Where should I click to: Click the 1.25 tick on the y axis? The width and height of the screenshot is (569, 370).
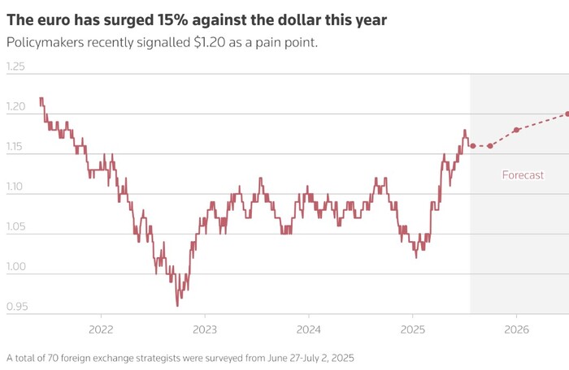click(x=16, y=67)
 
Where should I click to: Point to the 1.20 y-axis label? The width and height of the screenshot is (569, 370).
click(x=16, y=107)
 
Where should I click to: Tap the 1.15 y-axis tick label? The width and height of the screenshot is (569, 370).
click(x=16, y=147)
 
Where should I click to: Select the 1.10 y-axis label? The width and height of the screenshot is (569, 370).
click(x=16, y=187)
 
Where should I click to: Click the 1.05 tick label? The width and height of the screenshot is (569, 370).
click(x=16, y=227)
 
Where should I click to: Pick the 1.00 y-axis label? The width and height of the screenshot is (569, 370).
click(x=16, y=267)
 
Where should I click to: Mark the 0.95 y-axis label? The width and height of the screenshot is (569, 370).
click(x=16, y=307)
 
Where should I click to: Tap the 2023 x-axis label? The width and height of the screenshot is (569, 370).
click(x=204, y=329)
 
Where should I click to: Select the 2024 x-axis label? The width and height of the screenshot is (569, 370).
click(x=308, y=329)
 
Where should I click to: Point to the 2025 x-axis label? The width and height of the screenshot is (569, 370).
click(x=412, y=329)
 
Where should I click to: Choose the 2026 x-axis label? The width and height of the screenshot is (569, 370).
click(x=516, y=329)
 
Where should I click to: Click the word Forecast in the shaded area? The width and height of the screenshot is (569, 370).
click(x=523, y=175)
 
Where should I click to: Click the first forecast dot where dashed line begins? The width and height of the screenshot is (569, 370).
click(x=472, y=146)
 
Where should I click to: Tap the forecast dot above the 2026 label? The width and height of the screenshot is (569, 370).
click(x=516, y=130)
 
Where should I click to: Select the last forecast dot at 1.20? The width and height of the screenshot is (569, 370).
click(x=567, y=114)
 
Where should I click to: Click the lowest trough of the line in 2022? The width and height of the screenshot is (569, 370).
click(x=177, y=305)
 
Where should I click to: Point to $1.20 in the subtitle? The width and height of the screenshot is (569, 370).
click(x=215, y=42)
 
